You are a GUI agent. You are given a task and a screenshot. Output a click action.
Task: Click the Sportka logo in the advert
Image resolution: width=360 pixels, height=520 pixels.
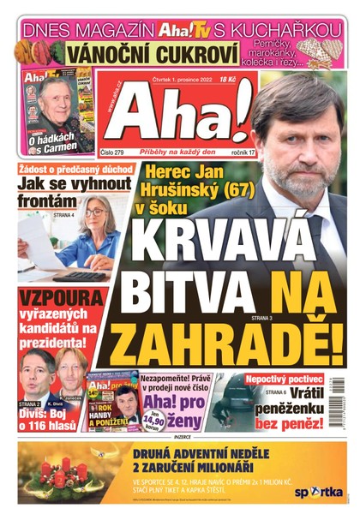point(319,492)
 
